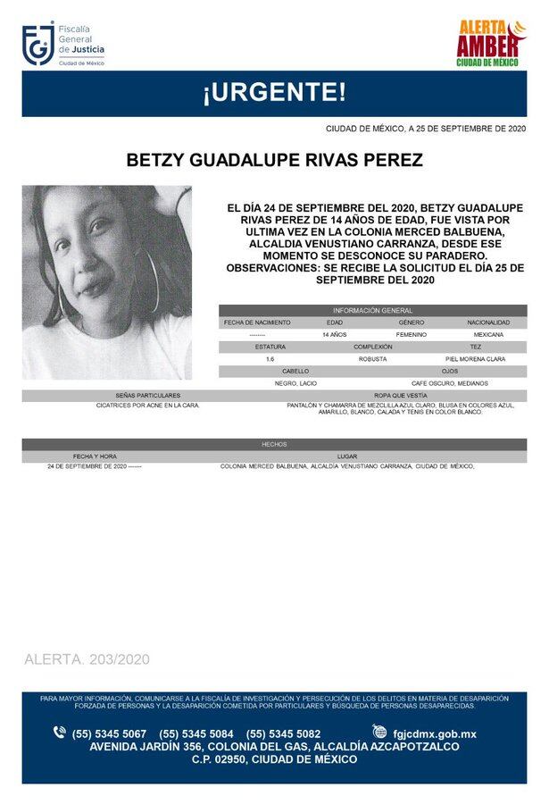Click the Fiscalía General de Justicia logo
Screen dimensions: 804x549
pyautogui.click(x=63, y=45)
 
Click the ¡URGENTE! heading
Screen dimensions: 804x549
pyautogui.click(x=274, y=93)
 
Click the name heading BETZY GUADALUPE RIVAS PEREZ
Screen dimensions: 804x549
pyautogui.click(x=273, y=160)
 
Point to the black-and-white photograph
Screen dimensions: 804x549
pyautogui.click(x=106, y=282)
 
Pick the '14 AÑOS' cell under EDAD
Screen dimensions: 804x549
pyautogui.click(x=334, y=334)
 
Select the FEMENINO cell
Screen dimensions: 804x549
pyautogui.click(x=411, y=334)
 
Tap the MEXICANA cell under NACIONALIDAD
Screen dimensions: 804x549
pyautogui.click(x=487, y=334)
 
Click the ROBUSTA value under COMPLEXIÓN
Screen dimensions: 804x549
pyautogui.click(x=372, y=358)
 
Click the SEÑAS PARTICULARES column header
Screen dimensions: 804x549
pyautogui.click(x=147, y=395)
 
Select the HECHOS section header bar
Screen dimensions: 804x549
pyautogui.click(x=274, y=444)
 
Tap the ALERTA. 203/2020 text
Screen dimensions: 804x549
pyautogui.click(x=87, y=659)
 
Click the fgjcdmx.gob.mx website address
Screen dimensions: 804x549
pyautogui.click(x=435, y=733)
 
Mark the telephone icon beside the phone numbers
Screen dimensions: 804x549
pyautogui.click(x=60, y=733)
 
